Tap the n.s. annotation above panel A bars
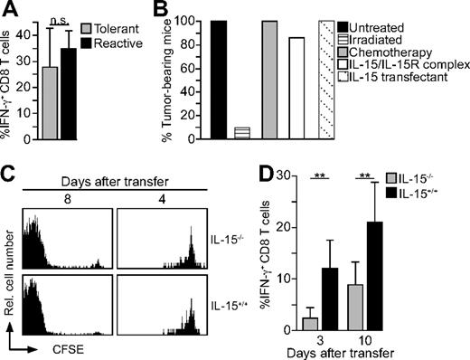pos(61,18)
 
